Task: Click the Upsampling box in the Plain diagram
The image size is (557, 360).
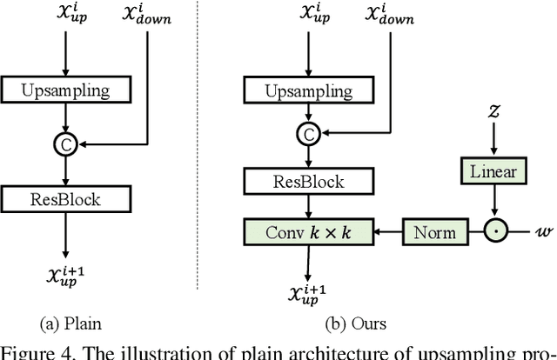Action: click(65, 90)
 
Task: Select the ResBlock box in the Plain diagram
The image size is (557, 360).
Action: click(65, 199)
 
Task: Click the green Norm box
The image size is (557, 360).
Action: click(433, 231)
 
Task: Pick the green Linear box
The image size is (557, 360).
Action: click(494, 171)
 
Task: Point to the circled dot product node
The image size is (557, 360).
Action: click(494, 231)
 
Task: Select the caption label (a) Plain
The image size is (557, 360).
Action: click(70, 323)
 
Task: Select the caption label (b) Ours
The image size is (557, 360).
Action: click(356, 323)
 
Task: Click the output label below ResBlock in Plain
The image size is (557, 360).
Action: click(65, 277)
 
